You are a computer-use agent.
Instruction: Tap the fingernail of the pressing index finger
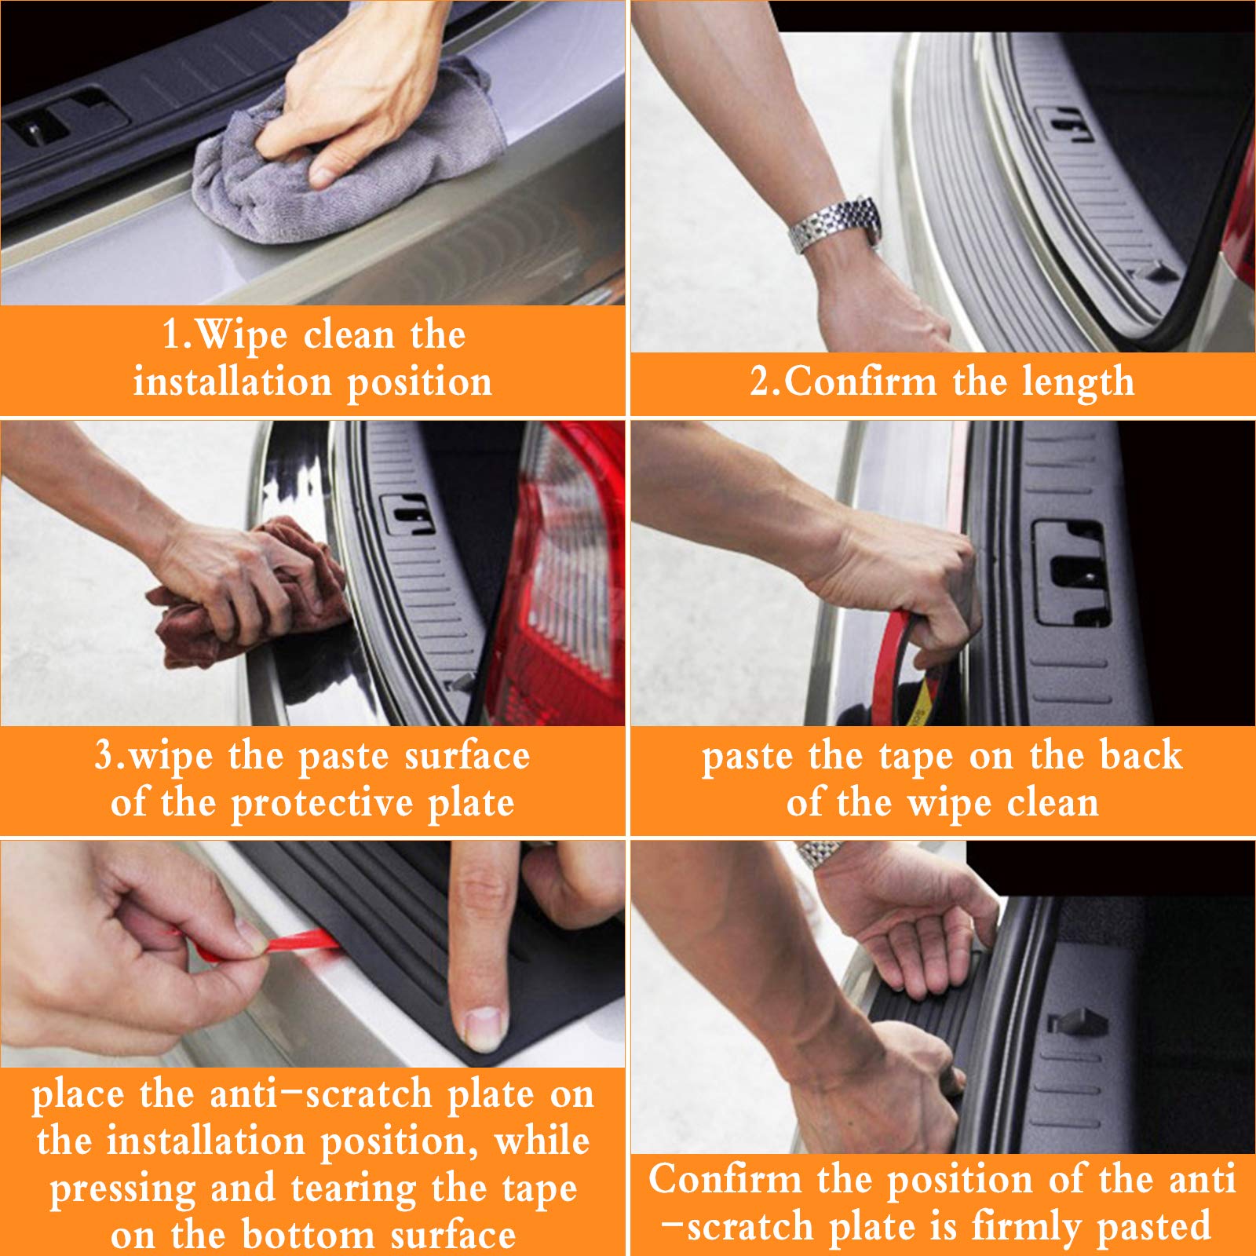click(x=481, y=1028)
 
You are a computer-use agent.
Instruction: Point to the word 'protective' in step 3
click(x=323, y=804)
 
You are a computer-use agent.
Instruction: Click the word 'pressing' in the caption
click(x=123, y=1190)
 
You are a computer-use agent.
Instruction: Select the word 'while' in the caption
click(x=542, y=1142)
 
